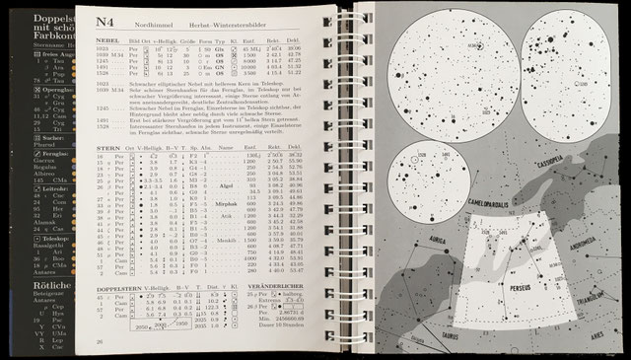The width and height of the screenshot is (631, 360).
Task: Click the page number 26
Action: click(99, 340)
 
